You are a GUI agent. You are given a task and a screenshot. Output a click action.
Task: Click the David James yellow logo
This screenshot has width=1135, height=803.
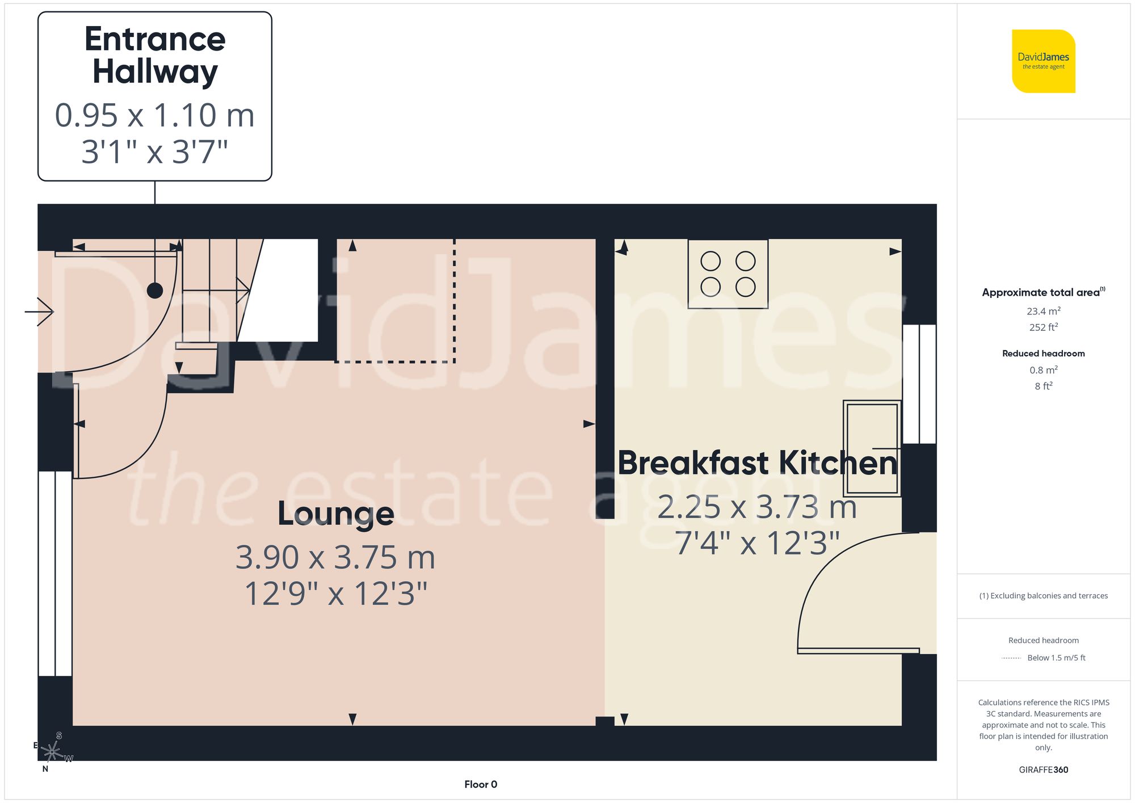click(x=1043, y=61)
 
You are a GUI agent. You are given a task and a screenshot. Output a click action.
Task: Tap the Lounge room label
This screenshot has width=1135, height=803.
click(x=335, y=514)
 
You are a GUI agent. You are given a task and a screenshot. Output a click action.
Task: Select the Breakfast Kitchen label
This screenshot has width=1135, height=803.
click(x=758, y=463)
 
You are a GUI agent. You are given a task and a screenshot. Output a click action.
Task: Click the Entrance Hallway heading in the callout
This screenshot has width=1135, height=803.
click(x=155, y=55)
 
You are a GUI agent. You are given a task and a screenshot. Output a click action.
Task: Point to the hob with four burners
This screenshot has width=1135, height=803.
click(x=728, y=274)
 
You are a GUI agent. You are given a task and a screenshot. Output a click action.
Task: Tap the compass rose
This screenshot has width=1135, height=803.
click(x=52, y=752)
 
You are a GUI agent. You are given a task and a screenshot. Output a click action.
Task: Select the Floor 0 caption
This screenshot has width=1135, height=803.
click(x=481, y=784)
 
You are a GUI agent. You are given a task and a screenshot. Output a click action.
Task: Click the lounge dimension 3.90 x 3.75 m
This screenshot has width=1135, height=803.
click(x=335, y=557)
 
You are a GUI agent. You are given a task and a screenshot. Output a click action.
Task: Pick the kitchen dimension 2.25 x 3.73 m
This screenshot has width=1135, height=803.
click(x=757, y=507)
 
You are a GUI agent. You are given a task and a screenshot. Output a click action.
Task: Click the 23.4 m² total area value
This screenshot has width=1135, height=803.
click(x=1043, y=311)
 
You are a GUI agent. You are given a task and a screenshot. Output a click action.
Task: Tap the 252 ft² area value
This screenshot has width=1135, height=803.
click(x=1043, y=327)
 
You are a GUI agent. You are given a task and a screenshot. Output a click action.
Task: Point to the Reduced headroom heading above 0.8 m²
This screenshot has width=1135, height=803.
click(x=1043, y=354)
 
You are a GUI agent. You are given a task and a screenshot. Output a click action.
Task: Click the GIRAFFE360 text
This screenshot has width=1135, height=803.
click(x=1043, y=770)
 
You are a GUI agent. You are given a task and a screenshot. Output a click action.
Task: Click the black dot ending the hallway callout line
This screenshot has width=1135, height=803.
click(x=155, y=291)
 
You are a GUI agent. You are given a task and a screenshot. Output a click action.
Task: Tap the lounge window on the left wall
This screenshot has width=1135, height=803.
click(x=55, y=573)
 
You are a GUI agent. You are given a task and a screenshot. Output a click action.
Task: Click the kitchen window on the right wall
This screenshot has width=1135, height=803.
click(x=919, y=384)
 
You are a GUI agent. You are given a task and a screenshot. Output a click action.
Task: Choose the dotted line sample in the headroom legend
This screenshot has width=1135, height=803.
click(x=1011, y=658)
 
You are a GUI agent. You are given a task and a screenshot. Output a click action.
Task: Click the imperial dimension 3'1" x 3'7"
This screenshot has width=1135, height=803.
click(x=155, y=152)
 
